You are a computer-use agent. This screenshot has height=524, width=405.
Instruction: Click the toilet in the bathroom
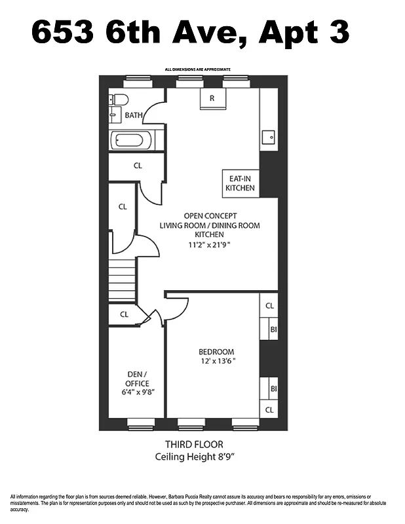119,100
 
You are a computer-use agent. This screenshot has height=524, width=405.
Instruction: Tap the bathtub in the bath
131,140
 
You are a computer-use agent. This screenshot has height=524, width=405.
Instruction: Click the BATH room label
134,115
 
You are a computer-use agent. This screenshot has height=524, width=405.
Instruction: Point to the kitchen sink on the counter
268,138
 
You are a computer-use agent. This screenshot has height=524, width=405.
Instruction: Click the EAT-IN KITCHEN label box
240,183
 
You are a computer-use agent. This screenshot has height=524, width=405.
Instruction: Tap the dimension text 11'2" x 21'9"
210,245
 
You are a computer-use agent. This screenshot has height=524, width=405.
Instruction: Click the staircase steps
122,280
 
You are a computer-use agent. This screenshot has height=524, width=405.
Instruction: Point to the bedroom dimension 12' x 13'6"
218,360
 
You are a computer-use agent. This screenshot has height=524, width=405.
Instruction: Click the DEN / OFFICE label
137,379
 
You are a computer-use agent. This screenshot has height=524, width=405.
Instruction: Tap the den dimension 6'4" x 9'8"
137,392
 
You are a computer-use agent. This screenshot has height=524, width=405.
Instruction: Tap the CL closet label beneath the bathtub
138,166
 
